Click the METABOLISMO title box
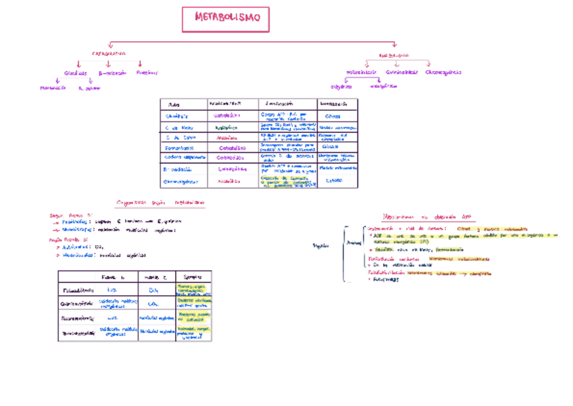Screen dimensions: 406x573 226,19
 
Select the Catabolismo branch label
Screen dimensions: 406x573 109,53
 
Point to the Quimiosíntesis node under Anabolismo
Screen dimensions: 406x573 402,72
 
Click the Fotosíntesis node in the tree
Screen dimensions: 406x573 362,72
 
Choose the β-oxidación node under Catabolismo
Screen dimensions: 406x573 112,72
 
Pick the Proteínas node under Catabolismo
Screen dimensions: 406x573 147,72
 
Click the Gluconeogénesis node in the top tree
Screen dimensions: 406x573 443,72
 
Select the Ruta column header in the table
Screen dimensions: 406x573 174,104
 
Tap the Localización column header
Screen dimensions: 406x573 278,104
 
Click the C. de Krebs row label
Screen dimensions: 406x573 180,127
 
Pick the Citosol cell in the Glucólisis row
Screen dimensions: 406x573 332,116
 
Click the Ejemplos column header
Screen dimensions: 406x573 193,277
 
